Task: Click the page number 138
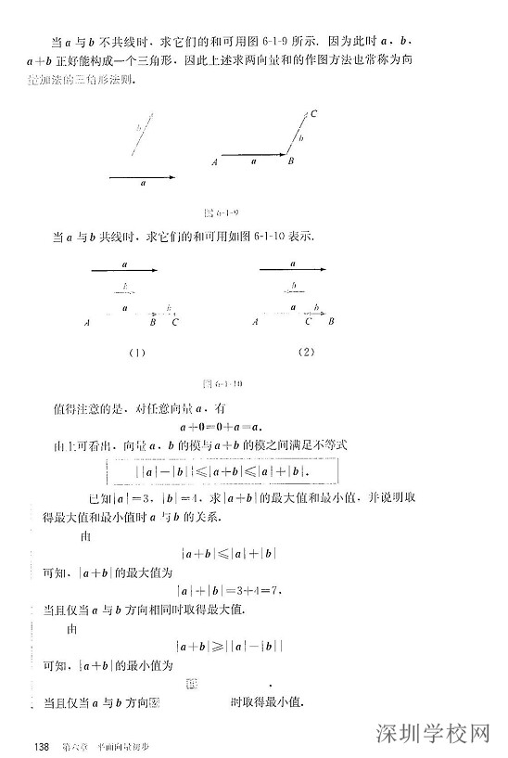point(40,746)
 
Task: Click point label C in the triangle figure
point(315,114)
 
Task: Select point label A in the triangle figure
point(214,163)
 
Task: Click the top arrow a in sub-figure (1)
point(124,269)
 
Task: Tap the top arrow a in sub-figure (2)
point(293,269)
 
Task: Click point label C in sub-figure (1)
point(175,323)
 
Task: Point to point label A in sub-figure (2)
point(255,323)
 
